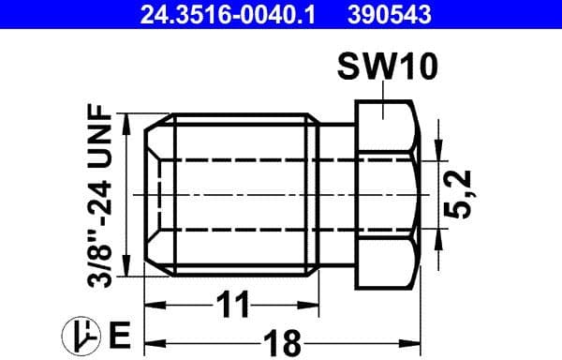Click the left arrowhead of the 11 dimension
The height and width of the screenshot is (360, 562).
(153, 306)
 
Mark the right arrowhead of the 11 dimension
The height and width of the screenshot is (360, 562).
(311, 306)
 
